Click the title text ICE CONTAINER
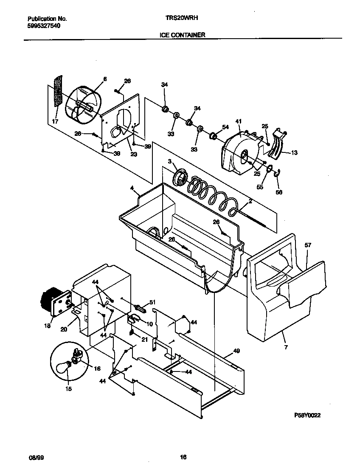coord(182,35)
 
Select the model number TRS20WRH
coord(182,19)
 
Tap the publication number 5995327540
coord(44,26)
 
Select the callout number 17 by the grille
coord(55,121)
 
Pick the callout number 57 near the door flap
coord(308,245)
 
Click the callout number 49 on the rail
coord(236,351)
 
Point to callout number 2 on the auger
coord(250,201)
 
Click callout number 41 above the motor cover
coord(238,121)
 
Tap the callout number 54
coord(225,127)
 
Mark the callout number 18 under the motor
coord(47,326)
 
